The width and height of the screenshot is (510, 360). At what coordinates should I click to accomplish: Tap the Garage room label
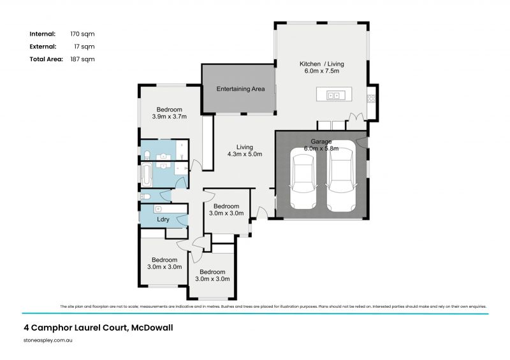point(321,141)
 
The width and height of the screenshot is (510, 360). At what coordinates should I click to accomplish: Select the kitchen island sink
point(333,96)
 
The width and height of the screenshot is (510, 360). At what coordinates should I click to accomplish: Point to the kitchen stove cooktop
point(371,98)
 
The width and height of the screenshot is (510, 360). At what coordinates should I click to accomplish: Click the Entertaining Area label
point(240,89)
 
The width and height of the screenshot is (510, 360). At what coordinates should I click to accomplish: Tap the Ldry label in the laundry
point(163,220)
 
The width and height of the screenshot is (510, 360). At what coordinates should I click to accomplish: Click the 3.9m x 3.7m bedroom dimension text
point(169,117)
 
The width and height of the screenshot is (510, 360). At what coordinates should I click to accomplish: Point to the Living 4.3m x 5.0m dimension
point(245,154)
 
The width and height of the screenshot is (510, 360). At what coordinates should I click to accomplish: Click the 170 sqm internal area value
point(83,34)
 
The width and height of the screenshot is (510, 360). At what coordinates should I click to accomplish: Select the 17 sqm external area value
point(81,47)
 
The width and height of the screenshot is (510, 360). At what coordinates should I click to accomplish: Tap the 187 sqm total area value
point(83,59)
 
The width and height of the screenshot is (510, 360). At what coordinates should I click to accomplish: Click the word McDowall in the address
point(151,328)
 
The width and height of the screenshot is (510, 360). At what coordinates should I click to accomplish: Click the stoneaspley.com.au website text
point(49,342)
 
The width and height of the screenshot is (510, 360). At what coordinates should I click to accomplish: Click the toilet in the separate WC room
point(145,197)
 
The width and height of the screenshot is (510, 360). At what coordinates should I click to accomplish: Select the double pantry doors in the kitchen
point(354,118)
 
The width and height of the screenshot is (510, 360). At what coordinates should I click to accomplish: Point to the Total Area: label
point(46,59)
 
